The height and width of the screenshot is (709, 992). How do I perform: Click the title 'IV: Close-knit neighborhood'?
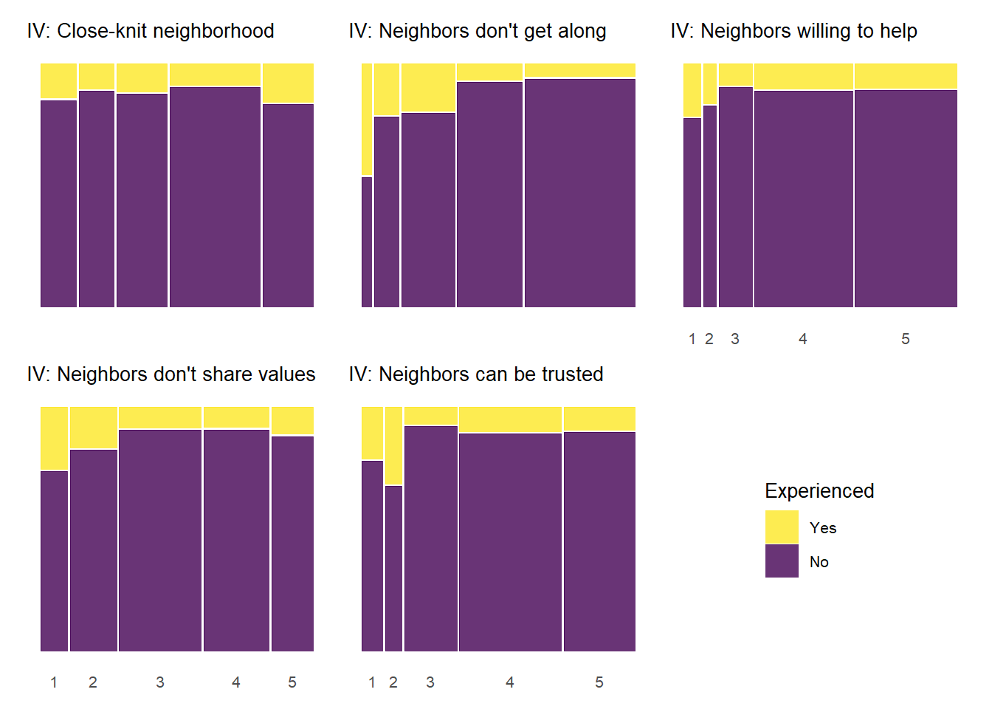[151, 31]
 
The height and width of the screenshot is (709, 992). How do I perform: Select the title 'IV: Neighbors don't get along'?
[478, 31]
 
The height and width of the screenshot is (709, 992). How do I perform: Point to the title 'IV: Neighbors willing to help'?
[794, 31]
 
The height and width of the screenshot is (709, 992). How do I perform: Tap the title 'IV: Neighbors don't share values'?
[171, 374]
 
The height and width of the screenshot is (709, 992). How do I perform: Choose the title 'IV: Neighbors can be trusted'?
[476, 374]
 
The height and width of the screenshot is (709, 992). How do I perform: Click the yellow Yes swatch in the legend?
[782, 527]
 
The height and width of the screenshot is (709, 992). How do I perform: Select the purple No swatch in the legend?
[782, 561]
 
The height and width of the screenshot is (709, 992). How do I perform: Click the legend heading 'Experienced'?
[819, 491]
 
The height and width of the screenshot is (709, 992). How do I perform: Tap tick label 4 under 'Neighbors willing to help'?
[803, 339]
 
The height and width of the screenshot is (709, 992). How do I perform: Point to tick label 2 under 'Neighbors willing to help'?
[709, 339]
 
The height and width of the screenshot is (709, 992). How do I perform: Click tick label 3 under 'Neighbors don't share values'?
[160, 682]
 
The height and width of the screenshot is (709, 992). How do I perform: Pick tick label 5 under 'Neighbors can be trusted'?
[599, 682]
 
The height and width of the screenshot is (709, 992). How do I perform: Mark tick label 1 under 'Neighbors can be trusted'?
[372, 682]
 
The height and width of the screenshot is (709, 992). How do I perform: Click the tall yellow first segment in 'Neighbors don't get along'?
[367, 120]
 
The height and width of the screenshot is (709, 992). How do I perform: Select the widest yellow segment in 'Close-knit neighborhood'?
[215, 75]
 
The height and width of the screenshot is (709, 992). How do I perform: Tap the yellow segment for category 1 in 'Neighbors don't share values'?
[54, 438]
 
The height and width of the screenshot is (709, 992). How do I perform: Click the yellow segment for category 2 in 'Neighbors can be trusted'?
[393, 445]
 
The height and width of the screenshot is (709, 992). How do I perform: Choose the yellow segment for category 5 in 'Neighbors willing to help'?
[906, 76]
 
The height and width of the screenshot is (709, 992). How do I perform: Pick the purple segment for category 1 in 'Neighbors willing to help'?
[692, 212]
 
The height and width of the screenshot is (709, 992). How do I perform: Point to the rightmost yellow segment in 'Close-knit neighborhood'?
[288, 83]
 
